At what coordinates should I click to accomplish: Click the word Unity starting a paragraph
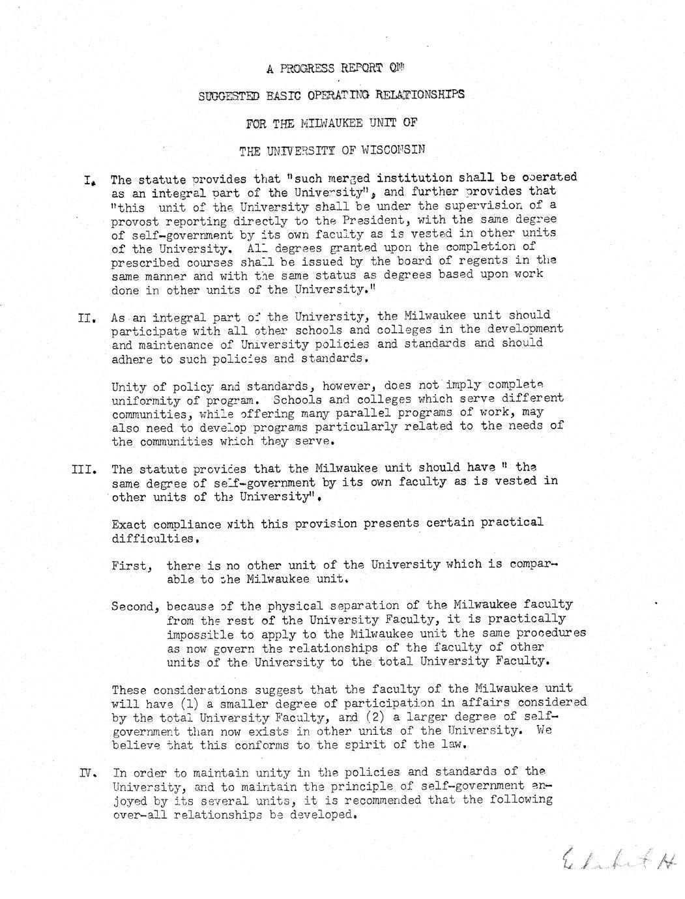tap(128, 386)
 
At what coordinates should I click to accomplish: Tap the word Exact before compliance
tap(128, 524)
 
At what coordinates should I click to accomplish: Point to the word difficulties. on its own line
tap(154, 539)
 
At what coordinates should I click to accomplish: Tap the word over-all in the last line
tap(139, 815)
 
